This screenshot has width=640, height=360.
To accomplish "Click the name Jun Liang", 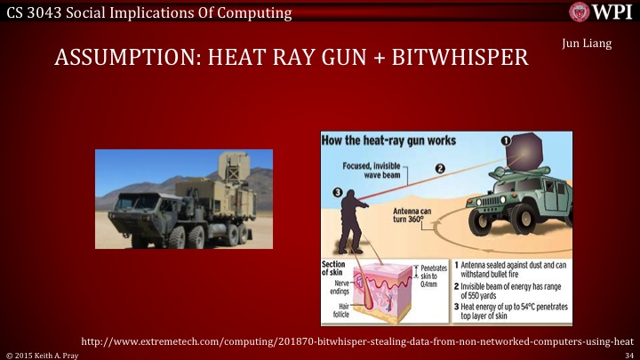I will click(588, 44).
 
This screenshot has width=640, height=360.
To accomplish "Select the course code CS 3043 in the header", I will click(33, 12).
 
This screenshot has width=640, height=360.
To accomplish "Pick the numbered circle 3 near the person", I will click(337, 191).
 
